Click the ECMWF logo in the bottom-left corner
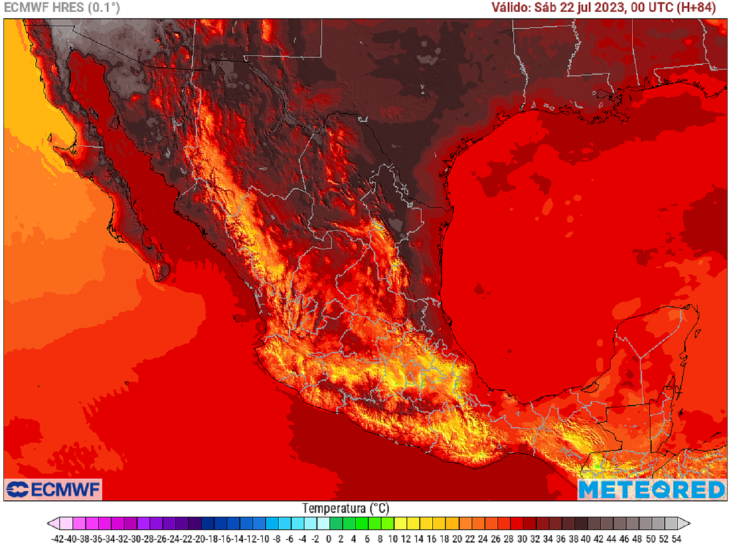[54, 489]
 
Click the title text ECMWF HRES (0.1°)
[62, 8]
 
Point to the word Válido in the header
[510, 8]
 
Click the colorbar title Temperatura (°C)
[346, 508]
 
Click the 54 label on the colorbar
[676, 538]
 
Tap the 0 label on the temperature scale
[329, 538]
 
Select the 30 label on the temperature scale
[522, 538]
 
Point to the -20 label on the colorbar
[201, 538]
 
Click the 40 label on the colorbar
[586, 538]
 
